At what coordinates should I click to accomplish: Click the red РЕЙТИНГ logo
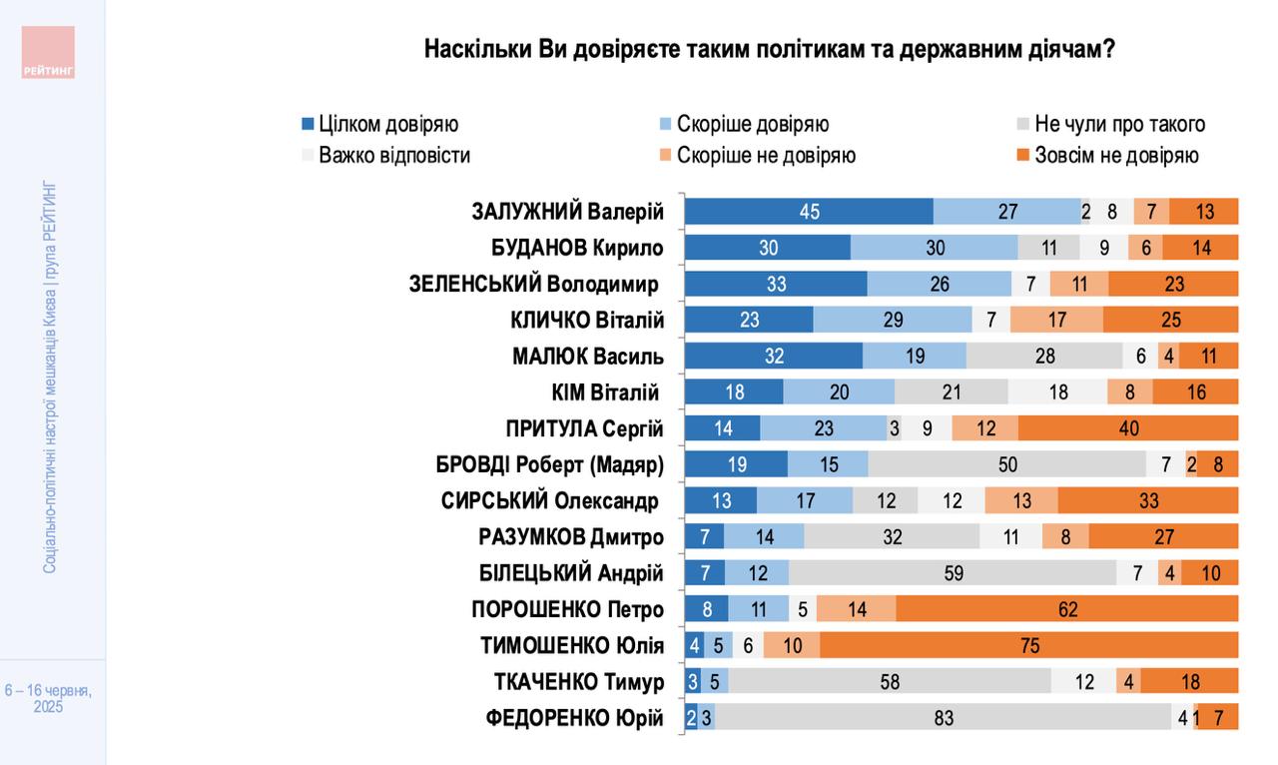tap(48, 52)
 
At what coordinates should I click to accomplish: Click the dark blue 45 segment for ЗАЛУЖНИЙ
tap(809, 212)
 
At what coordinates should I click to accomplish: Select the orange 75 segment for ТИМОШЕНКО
tap(1029, 645)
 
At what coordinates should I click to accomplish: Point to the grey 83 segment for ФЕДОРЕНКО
tap(944, 717)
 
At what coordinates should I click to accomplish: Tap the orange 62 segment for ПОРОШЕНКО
tap(1067, 609)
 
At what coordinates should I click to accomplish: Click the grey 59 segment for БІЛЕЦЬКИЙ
tap(953, 573)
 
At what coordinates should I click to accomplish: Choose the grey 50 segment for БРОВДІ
tap(1007, 464)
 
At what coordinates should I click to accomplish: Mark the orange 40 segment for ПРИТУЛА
tap(1128, 428)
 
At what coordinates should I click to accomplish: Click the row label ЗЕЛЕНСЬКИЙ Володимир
tap(536, 285)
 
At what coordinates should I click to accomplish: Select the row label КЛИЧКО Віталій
tap(586, 321)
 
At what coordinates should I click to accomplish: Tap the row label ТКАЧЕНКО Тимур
tap(579, 682)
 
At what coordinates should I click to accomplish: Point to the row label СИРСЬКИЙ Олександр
tap(551, 501)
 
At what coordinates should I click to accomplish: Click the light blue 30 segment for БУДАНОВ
tap(934, 248)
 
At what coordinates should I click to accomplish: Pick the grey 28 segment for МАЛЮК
tap(1044, 357)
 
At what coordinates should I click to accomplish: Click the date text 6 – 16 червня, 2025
tap(48, 698)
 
